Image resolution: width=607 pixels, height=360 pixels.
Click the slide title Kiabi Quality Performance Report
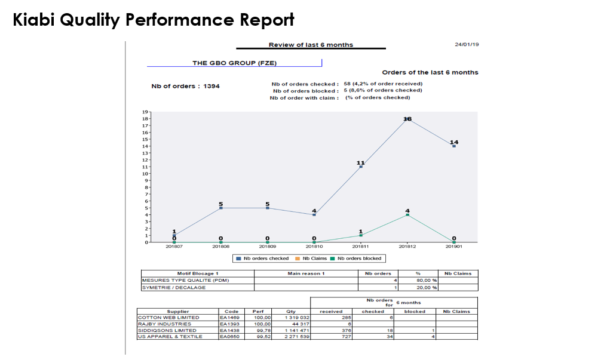(x=154, y=20)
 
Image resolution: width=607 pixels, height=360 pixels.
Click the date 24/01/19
(x=467, y=45)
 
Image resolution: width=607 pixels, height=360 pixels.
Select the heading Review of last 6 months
(x=311, y=45)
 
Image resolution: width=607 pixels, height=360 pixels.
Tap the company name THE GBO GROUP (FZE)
(x=234, y=63)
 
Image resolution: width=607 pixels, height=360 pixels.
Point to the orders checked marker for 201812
(x=407, y=119)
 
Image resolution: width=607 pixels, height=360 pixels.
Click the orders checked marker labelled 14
(x=454, y=146)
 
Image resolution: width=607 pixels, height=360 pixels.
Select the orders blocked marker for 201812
(x=407, y=215)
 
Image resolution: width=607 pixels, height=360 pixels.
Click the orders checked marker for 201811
(x=361, y=167)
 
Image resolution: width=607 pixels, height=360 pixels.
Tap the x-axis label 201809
(x=267, y=246)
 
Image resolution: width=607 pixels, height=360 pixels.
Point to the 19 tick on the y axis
(x=145, y=112)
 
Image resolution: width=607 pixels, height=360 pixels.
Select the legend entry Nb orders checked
(x=263, y=259)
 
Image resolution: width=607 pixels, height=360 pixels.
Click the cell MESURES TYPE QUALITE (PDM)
(x=185, y=280)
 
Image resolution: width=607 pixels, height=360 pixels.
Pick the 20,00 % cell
(x=427, y=287)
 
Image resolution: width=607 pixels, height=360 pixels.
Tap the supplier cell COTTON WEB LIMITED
(x=168, y=318)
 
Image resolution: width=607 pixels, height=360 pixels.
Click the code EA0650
(x=229, y=337)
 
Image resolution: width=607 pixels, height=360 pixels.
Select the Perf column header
(x=258, y=311)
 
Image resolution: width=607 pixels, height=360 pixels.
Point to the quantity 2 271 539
(x=296, y=337)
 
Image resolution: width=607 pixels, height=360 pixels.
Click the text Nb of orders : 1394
(x=185, y=86)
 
